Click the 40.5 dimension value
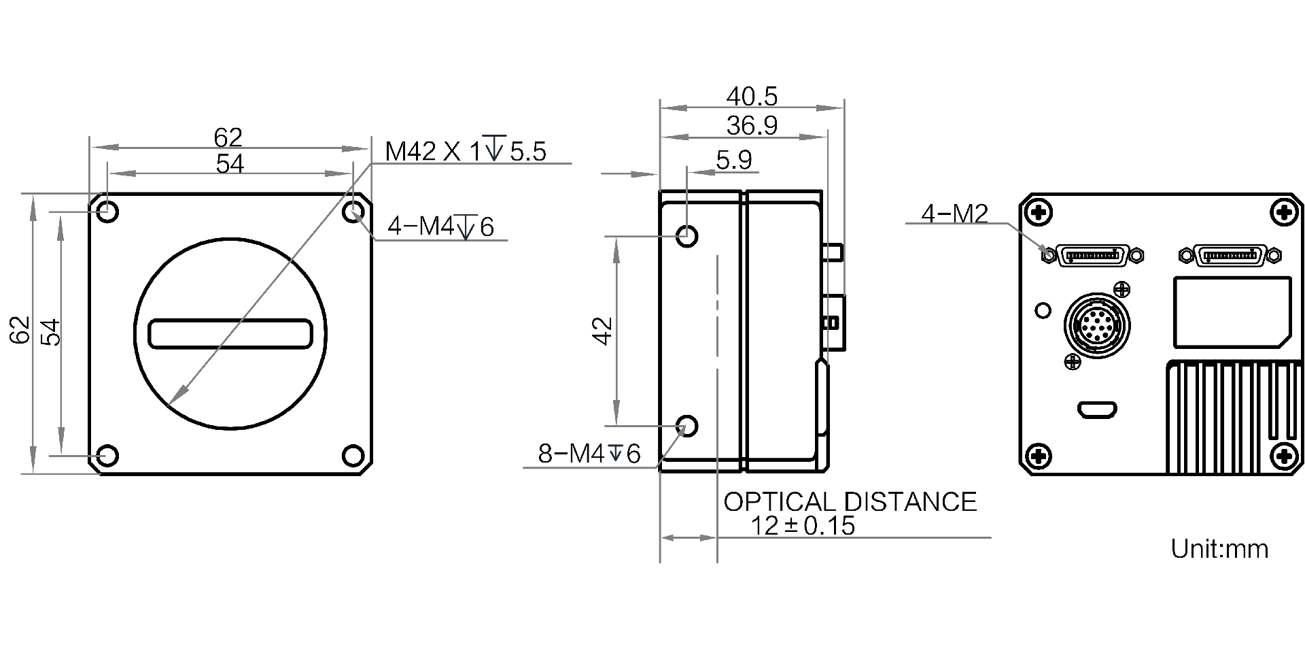tap(751, 97)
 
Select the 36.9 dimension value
tap(751, 126)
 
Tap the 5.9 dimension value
tap(734, 161)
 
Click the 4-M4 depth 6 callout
tap(440, 227)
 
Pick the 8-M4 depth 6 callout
tap(589, 454)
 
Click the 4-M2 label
tap(954, 214)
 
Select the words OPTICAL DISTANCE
tap(850, 502)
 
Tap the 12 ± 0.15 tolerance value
tap(803, 526)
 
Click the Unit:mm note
tap(1219, 549)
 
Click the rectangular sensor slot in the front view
tap(230, 334)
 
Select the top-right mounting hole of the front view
tap(353, 212)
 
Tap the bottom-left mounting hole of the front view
tap(107, 454)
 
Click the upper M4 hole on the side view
tap(687, 237)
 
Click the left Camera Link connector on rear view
tap(1094, 256)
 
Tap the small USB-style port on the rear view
tap(1097, 410)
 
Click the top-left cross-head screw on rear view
tap(1039, 213)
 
